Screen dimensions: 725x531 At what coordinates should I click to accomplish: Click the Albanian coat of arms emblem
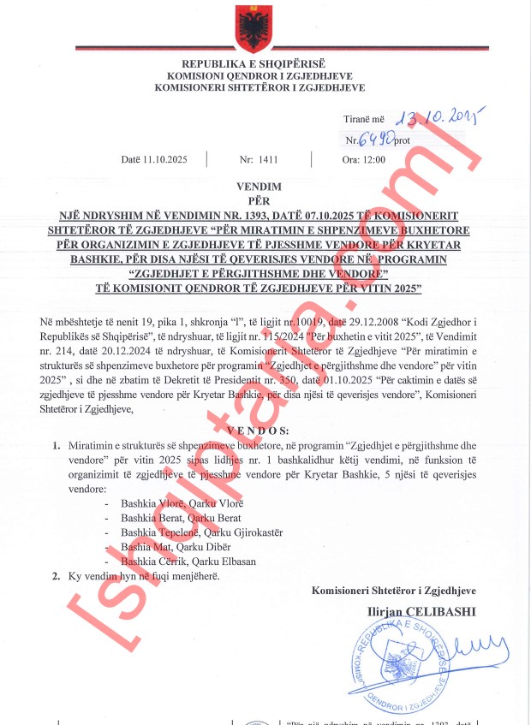coord(254,29)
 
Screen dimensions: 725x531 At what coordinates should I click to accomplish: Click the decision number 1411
coord(267,159)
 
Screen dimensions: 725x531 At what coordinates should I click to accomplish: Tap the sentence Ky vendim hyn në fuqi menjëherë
coord(144,576)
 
